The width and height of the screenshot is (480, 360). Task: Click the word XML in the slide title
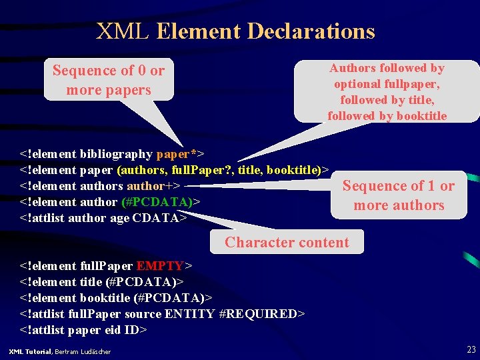[123, 31]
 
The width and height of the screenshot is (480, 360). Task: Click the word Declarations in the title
[311, 31]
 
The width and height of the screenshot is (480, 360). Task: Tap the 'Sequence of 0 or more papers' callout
[109, 80]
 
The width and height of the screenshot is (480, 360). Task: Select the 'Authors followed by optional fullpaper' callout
[387, 91]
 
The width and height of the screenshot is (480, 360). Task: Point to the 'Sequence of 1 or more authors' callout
[399, 195]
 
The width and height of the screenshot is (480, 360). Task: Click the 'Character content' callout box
[287, 243]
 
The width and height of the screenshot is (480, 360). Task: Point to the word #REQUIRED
[260, 313]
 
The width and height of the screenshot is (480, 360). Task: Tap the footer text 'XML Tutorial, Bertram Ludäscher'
[59, 351]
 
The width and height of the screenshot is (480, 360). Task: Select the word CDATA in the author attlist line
[157, 218]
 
